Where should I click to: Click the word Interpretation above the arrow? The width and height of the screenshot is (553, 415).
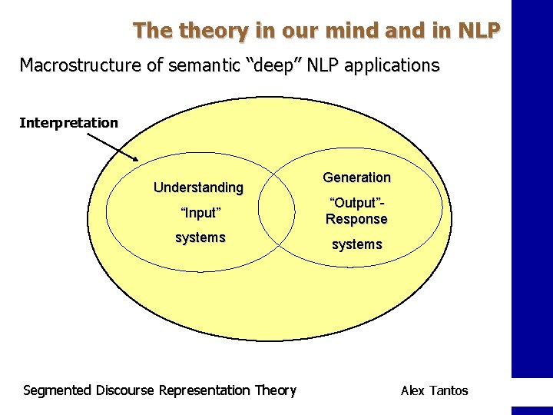tap(69, 123)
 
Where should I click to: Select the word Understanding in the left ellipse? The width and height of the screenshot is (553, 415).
tap(198, 188)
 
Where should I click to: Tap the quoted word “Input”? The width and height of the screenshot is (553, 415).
tap(200, 212)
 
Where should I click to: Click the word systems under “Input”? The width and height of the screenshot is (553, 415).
tap(200, 237)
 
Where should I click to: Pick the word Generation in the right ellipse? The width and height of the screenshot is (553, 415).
tap(356, 178)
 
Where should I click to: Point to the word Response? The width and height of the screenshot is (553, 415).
tap(356, 219)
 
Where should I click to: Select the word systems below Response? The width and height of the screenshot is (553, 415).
tap(356, 244)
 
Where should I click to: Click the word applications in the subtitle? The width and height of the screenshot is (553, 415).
tap(392, 65)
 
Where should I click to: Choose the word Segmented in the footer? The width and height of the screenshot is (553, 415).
tap(58, 390)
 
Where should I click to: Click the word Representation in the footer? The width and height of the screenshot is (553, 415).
tap(204, 390)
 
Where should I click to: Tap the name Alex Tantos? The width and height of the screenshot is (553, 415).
tap(434, 390)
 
